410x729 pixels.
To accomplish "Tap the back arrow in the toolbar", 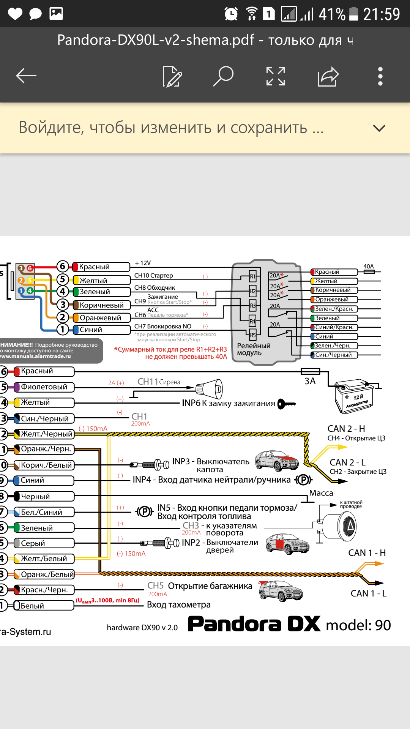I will click(26, 76).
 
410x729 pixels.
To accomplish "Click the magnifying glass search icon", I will click(223, 76).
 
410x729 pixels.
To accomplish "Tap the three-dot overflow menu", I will click(380, 76).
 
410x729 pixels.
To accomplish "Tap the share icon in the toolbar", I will click(328, 76).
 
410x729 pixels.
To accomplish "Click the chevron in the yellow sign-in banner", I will click(379, 128).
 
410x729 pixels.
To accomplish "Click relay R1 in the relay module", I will click(252, 276).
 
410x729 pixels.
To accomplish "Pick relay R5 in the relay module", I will click(252, 335).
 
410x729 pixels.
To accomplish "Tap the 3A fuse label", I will click(310, 381).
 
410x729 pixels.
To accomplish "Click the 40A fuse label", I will click(369, 267).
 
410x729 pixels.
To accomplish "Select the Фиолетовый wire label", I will click(44, 387).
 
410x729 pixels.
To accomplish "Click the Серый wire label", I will click(33, 543).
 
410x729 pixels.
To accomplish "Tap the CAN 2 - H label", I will click(346, 429).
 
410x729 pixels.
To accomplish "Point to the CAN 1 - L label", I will click(368, 593).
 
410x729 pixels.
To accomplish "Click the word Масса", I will click(321, 493).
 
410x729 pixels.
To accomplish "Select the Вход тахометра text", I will click(178, 604).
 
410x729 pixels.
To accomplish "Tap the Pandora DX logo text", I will click(254, 625).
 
